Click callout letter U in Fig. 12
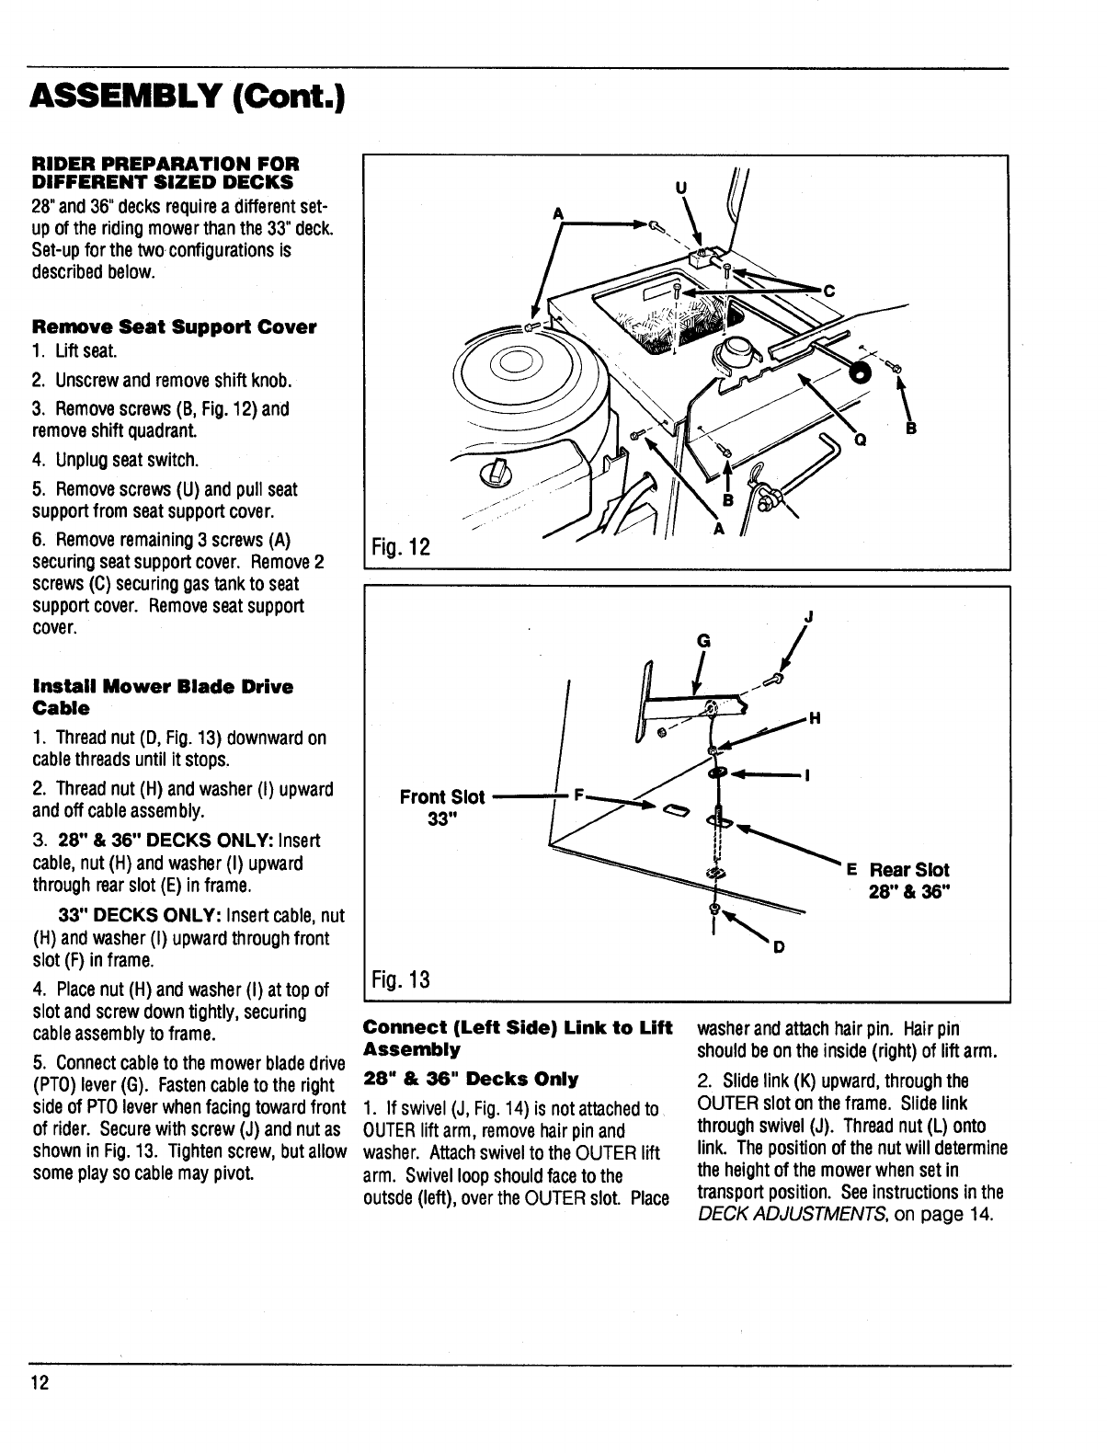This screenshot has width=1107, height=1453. [681, 187]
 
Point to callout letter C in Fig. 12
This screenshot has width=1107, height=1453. [827, 292]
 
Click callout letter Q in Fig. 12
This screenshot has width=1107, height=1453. [861, 439]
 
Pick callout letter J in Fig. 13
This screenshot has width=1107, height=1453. [807, 617]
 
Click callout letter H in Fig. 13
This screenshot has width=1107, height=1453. [813, 719]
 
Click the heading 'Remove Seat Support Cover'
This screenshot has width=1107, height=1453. [175, 327]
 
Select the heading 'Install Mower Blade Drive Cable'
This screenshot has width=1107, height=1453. [162, 697]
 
